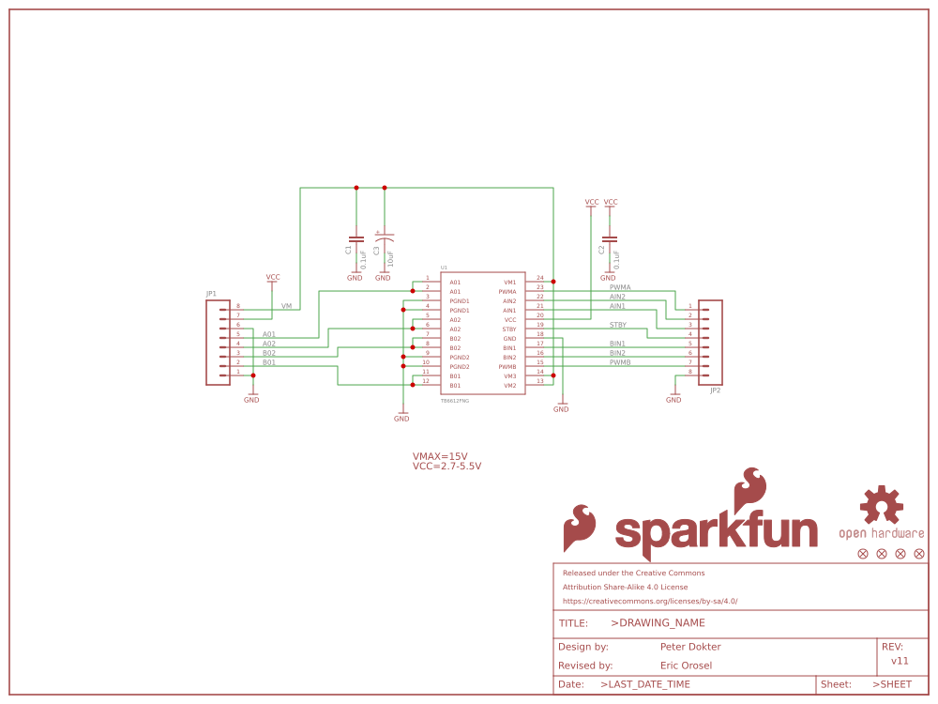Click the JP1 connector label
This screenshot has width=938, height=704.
(x=211, y=294)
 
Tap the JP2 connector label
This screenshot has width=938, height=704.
(x=716, y=390)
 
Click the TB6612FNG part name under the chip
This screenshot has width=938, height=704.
(x=455, y=401)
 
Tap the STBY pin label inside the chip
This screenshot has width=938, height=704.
(x=509, y=329)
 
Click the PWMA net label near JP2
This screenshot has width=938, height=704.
(x=620, y=287)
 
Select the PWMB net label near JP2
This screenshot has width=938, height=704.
(x=620, y=362)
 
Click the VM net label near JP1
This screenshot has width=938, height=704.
(x=286, y=306)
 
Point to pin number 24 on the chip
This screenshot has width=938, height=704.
(x=540, y=278)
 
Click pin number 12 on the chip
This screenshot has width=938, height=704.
(x=426, y=381)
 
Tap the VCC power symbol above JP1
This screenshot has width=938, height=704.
(x=273, y=278)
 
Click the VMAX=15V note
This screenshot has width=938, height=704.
(x=440, y=456)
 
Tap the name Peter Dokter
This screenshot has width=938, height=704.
(x=690, y=647)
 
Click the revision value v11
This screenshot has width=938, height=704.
(x=900, y=661)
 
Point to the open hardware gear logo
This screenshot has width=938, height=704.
(x=882, y=505)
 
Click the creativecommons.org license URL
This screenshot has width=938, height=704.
(x=650, y=601)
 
